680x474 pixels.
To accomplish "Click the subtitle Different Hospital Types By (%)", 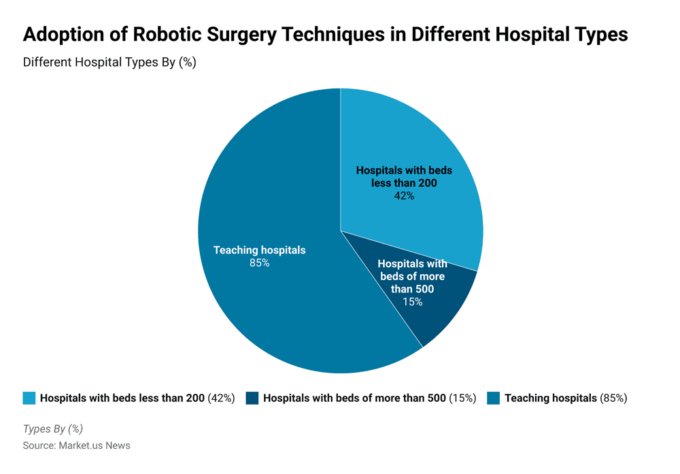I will tap(109, 62).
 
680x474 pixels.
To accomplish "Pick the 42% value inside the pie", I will tap(404, 196).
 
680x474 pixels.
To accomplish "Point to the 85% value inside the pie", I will tap(259, 263).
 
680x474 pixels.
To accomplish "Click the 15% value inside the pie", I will tap(412, 301).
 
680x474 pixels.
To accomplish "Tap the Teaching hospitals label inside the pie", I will tap(259, 250).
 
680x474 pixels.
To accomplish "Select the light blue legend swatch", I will tap(29, 398).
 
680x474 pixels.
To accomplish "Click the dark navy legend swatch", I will tap(252, 398).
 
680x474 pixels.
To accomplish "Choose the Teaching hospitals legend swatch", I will tap(494, 398).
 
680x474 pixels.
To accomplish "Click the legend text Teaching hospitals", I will tap(550, 398).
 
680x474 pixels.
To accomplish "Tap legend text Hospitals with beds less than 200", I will tap(122, 398).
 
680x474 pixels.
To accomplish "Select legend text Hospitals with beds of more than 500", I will tap(354, 398).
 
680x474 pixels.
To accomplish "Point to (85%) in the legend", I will tap(613, 398).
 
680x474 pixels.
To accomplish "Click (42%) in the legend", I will tap(221, 398).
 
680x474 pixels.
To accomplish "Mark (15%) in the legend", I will tap(462, 398).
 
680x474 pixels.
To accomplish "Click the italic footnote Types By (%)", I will tap(53, 429).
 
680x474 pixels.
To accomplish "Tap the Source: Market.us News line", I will tap(76, 445).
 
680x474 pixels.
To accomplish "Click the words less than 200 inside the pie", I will tap(404, 183).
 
